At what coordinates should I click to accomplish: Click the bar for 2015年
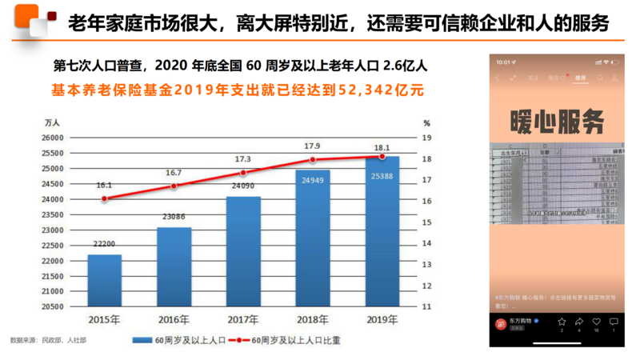click(104, 280)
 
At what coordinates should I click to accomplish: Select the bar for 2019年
click(382, 232)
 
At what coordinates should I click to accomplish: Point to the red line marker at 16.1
click(104, 198)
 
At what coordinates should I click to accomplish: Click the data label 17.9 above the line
click(312, 146)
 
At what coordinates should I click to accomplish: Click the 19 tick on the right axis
click(428, 138)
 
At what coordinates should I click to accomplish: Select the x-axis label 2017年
click(242, 321)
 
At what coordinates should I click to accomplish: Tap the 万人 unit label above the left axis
click(53, 123)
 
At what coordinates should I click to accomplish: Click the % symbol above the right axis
click(427, 123)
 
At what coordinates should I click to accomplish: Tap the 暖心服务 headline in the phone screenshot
click(557, 122)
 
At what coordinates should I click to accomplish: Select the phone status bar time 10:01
click(503, 62)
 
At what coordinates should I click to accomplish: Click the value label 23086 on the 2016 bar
click(173, 215)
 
